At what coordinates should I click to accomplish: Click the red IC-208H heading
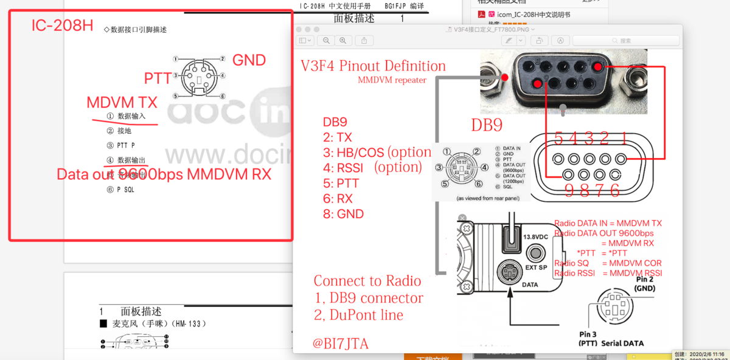pyautogui.click(x=62, y=26)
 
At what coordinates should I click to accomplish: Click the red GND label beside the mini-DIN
pyautogui.click(x=249, y=60)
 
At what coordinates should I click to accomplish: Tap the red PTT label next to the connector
pyautogui.click(x=158, y=78)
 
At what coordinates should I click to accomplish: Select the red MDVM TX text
pyautogui.click(x=122, y=102)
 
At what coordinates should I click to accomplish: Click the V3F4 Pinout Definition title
pyautogui.click(x=373, y=66)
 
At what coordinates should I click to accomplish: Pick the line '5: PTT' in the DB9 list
pyautogui.click(x=341, y=183)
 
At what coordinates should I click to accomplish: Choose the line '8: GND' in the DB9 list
pyautogui.click(x=343, y=214)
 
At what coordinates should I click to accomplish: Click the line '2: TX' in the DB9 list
pyautogui.click(x=337, y=137)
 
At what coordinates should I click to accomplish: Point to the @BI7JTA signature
pyautogui.click(x=340, y=344)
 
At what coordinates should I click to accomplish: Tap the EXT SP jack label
pyautogui.click(x=535, y=267)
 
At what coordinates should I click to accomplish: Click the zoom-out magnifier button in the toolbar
pyautogui.click(x=327, y=41)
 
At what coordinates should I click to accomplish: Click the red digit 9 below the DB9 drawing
pyautogui.click(x=569, y=190)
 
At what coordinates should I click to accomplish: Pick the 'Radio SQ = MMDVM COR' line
pyautogui.click(x=608, y=263)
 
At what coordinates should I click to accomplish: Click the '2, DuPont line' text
pyautogui.click(x=358, y=314)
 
